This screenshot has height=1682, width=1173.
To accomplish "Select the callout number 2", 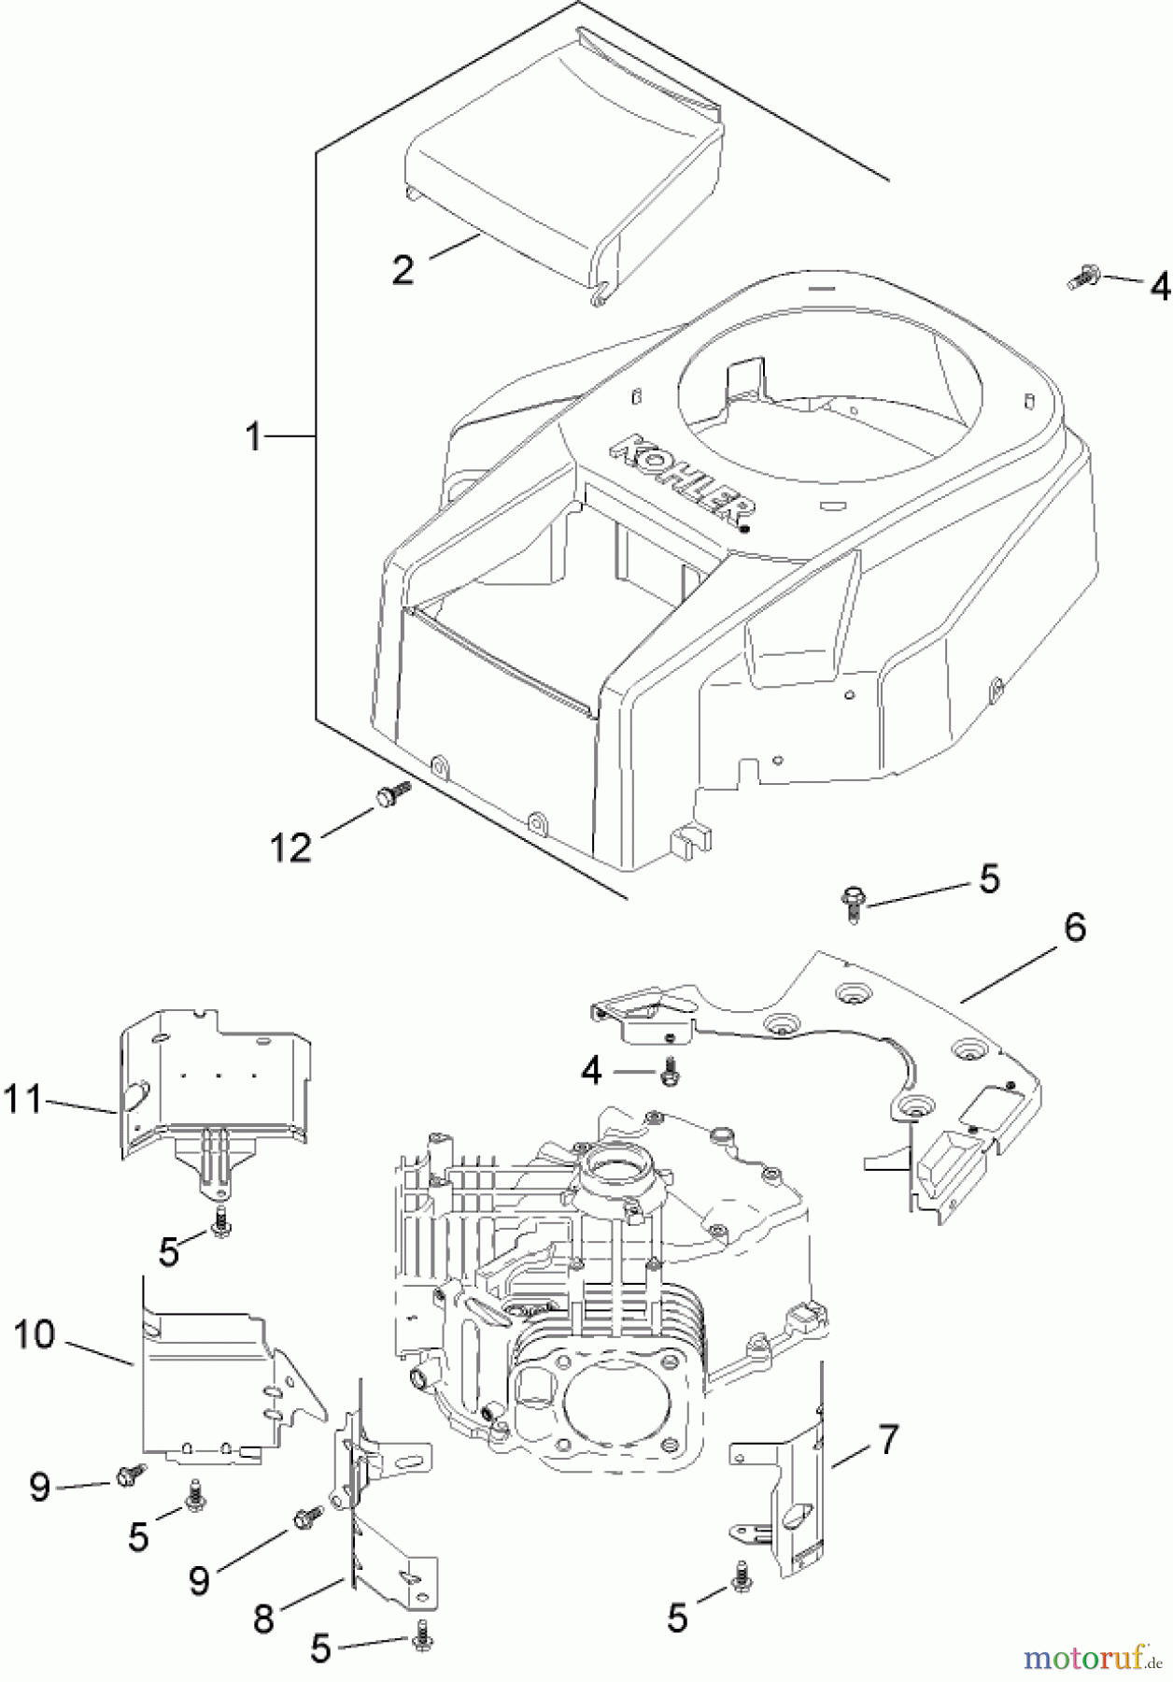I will [x=403, y=270].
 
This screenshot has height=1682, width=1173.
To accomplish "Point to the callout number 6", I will [x=1075, y=928].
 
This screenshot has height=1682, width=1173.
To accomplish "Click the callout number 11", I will [x=22, y=1099].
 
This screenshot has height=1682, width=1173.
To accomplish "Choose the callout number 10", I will [x=35, y=1334].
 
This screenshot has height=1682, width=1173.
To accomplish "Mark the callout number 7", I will [x=886, y=1439].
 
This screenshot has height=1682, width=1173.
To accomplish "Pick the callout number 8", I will [x=263, y=1618].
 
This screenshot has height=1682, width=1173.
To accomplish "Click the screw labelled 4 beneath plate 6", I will [x=668, y=1071].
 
